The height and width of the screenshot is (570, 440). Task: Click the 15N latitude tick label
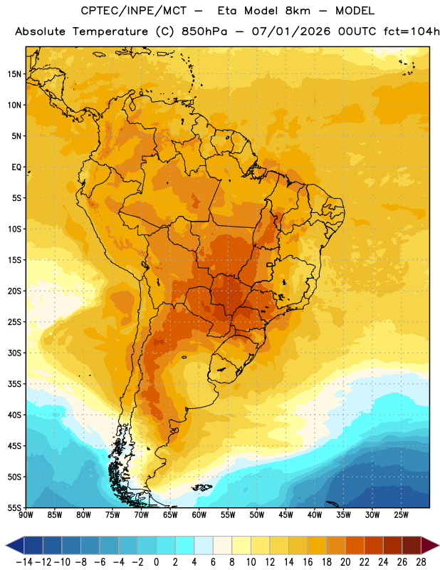[14, 74]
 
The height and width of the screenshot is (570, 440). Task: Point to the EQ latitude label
[16, 167]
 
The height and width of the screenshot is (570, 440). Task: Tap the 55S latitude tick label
[14, 507]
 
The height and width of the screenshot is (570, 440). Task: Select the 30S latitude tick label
[14, 353]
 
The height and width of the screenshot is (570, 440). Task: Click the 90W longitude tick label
[26, 514]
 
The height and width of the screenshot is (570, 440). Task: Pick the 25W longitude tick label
[401, 514]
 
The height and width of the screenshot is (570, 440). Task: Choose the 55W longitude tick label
[228, 514]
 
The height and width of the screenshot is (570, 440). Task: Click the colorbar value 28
[421, 562]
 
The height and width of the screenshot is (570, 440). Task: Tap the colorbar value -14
[25, 562]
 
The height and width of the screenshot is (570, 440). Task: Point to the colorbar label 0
[156, 562]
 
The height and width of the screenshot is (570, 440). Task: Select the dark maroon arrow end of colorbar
[430, 545]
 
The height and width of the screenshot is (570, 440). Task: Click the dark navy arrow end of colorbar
[15, 545]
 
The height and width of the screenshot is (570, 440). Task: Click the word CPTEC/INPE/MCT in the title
[133, 11]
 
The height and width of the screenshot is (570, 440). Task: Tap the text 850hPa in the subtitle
[204, 31]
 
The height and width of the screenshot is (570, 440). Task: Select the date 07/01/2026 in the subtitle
[291, 31]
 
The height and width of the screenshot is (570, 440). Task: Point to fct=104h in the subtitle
[412, 31]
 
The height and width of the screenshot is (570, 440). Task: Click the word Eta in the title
[227, 11]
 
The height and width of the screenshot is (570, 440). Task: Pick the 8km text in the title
[298, 11]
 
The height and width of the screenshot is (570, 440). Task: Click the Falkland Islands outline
[202, 487]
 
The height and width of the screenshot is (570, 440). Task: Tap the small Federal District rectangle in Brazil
[270, 264]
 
